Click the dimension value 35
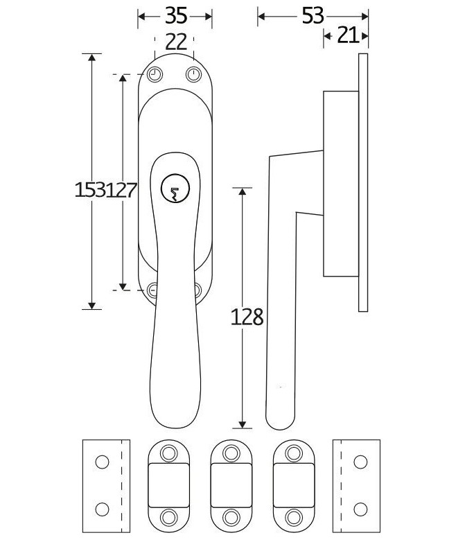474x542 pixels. [175, 15]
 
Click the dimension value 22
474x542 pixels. [177, 42]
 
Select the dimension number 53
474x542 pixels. [313, 15]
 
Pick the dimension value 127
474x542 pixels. [123, 190]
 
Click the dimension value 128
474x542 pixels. [248, 317]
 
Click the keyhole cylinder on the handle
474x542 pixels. [173, 190]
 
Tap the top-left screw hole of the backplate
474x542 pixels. [154, 74]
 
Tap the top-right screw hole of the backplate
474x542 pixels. [193, 74]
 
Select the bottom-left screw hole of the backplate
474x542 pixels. [153, 290]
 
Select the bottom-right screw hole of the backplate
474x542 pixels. [196, 290]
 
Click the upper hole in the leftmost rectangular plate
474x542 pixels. [102, 462]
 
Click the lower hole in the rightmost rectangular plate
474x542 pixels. [360, 509]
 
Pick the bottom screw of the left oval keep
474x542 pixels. [168, 516]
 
